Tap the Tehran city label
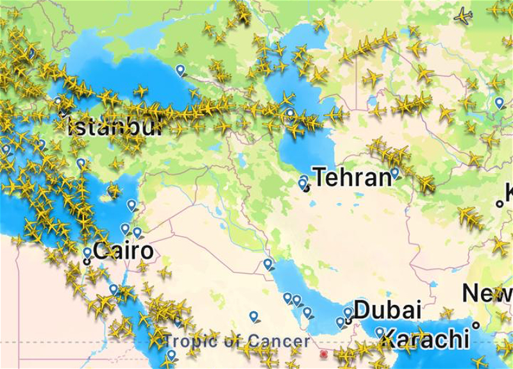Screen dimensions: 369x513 click(x=352, y=177)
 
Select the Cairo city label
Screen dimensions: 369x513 click(x=124, y=250)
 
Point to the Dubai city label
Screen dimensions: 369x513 click(x=387, y=310)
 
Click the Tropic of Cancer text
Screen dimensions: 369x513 click(x=237, y=341)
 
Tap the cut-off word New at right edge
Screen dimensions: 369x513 click(x=488, y=294)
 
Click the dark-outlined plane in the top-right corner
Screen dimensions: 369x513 click(x=463, y=15)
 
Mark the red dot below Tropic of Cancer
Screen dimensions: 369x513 click(x=324, y=354)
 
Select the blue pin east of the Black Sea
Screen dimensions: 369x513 click(x=180, y=69)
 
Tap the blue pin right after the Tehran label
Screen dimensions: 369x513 click(x=395, y=172)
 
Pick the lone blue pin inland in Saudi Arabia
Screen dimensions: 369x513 click(x=254, y=316)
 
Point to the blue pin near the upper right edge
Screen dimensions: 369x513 click(x=500, y=102)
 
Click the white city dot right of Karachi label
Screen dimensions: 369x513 click(x=476, y=325)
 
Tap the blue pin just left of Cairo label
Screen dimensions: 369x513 click(x=87, y=252)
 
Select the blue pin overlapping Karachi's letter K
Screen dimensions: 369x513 click(x=380, y=332)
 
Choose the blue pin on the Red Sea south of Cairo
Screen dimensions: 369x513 click(x=114, y=289)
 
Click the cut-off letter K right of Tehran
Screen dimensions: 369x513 click(x=508, y=192)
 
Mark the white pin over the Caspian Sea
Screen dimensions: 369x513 click(x=290, y=113)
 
